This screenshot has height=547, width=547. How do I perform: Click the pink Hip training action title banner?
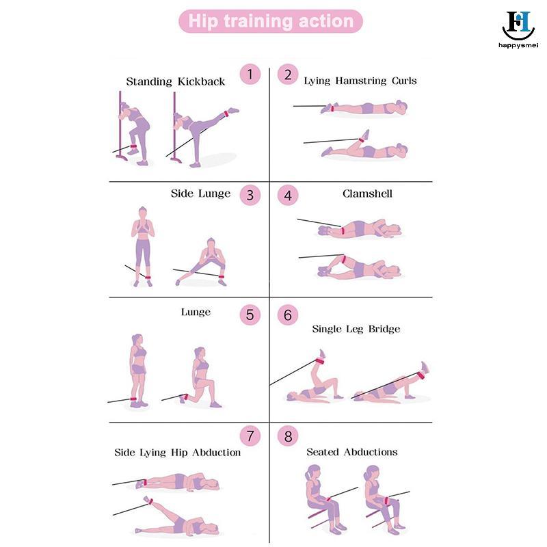271,21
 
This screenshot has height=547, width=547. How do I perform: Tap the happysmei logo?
518,29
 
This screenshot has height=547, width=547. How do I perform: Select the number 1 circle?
250,75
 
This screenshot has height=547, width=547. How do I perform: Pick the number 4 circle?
288,195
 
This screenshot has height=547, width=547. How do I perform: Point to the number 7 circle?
250,436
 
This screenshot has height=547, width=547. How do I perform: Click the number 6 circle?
288,315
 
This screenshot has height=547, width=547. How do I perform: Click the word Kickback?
201,81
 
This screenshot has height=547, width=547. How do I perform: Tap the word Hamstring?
361,81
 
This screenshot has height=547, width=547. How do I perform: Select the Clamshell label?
367,194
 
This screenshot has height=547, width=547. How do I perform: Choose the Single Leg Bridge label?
356,329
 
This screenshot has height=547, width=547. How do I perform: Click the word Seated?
323,452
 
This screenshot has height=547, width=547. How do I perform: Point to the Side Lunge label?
200,194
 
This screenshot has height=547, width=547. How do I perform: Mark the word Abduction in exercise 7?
216,453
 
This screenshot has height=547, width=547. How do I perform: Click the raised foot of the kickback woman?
233,111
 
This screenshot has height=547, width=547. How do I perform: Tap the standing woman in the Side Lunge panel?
143,246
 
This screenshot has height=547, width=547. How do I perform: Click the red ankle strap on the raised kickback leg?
226,114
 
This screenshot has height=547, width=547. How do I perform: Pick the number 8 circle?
288,436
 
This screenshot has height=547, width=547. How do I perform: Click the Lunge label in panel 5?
196,312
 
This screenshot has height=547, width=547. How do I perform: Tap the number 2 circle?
288,75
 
